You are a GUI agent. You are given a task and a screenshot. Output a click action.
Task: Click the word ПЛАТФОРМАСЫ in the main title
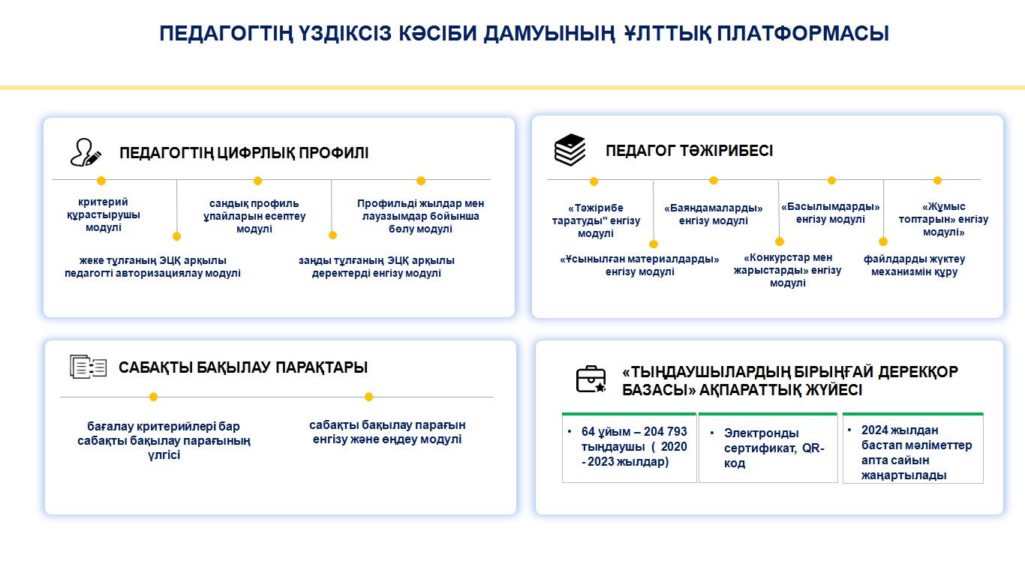pyautogui.click(x=803, y=34)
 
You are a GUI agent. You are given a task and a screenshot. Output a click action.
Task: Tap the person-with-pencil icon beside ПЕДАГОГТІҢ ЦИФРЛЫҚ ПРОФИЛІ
pyautogui.click(x=86, y=152)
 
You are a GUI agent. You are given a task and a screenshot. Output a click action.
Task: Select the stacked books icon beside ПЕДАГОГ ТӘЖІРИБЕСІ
pyautogui.click(x=570, y=149)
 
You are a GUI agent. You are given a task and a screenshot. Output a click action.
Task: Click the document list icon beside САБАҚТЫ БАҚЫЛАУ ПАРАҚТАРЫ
pyautogui.click(x=88, y=367)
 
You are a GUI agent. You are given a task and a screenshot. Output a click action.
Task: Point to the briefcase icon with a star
pyautogui.click(x=591, y=379)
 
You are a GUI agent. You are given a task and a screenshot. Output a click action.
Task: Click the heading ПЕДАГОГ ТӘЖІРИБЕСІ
pyautogui.click(x=689, y=151)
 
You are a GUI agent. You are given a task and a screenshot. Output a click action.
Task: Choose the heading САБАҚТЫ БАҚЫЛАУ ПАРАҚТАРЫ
pyautogui.click(x=243, y=367)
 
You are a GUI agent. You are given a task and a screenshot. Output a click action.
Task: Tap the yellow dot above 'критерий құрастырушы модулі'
pyautogui.click(x=101, y=181)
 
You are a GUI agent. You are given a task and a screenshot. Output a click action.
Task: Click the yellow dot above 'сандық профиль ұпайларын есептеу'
pyautogui.click(x=257, y=181)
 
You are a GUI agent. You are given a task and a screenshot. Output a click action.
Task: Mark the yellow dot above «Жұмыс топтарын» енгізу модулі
pyautogui.click(x=937, y=181)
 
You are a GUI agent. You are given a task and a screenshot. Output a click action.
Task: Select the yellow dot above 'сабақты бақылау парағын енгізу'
pyautogui.click(x=369, y=397)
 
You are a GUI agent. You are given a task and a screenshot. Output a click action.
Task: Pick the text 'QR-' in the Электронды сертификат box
pyautogui.click(x=813, y=448)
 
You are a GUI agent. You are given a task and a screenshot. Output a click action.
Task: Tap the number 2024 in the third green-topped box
pyautogui.click(x=874, y=430)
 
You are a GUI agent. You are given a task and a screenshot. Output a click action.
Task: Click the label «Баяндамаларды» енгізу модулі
pyautogui.click(x=714, y=214)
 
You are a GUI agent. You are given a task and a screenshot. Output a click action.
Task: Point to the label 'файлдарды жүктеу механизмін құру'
pyautogui.click(x=914, y=265)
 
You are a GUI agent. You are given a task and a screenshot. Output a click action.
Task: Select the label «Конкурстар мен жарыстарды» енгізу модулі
pyautogui.click(x=788, y=270)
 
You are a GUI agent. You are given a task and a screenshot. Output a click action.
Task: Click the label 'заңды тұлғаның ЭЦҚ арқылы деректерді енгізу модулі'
pyautogui.click(x=376, y=267)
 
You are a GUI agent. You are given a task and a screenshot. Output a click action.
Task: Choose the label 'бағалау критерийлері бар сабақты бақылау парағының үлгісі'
pyautogui.click(x=164, y=440)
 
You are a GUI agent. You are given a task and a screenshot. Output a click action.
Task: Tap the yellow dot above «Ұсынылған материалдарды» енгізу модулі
pyautogui.click(x=654, y=244)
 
